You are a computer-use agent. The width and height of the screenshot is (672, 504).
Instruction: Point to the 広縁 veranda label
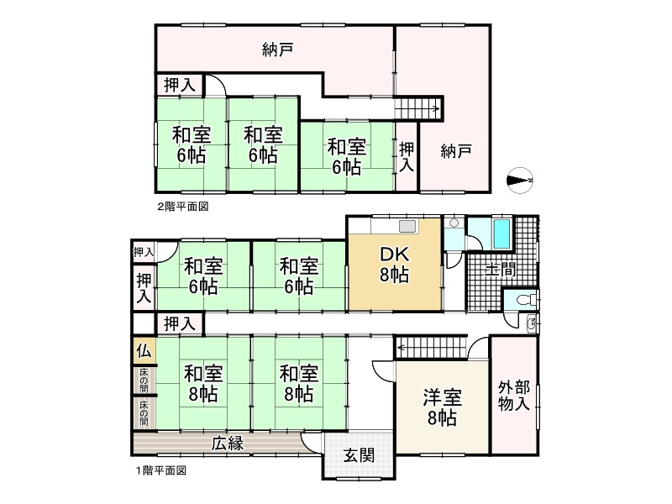[x=227, y=444]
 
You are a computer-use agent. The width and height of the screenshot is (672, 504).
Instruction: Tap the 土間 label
[x=501, y=269]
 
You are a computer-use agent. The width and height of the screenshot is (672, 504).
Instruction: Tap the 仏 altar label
[x=142, y=351]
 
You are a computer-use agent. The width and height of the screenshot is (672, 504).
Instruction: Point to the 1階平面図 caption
[x=160, y=471]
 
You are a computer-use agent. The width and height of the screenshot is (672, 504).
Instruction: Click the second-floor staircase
[x=417, y=108]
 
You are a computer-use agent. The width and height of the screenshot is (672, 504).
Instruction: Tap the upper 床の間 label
[x=144, y=380]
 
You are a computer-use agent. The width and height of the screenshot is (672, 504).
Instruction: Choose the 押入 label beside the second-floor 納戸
[x=407, y=156]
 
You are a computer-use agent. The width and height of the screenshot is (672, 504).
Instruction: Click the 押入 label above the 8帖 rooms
[x=179, y=323]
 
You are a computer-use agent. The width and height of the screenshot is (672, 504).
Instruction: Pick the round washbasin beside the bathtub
[x=454, y=223]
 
